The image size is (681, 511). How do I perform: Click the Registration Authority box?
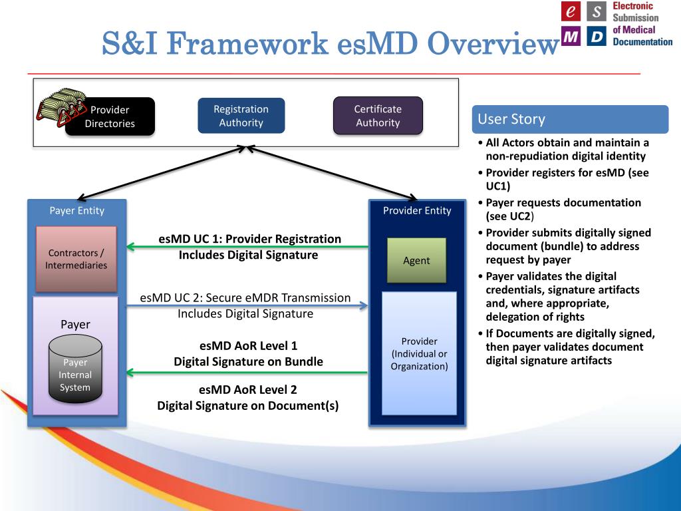click(x=241, y=116)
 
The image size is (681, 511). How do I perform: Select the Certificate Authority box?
click(x=378, y=116)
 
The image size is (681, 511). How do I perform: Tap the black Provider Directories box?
click(x=110, y=117)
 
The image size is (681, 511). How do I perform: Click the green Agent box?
click(x=416, y=260)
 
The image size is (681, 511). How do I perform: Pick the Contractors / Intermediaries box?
click(x=76, y=259)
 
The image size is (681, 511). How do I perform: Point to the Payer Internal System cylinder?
click(x=75, y=369)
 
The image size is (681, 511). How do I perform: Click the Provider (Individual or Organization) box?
click(x=419, y=353)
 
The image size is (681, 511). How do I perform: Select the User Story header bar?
click(x=569, y=120)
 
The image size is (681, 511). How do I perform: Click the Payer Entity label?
click(x=76, y=211)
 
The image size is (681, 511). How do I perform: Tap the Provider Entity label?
click(x=417, y=211)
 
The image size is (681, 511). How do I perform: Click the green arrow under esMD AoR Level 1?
click(x=247, y=373)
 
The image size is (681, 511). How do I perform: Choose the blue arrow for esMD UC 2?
click(x=247, y=305)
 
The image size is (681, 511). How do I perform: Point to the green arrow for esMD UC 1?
click(x=247, y=248)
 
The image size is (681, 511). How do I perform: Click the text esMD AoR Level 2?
click(x=248, y=390)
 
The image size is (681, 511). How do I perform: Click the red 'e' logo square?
click(x=571, y=11)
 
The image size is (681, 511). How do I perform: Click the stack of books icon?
click(x=62, y=106)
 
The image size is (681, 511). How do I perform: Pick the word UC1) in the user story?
click(x=498, y=186)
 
